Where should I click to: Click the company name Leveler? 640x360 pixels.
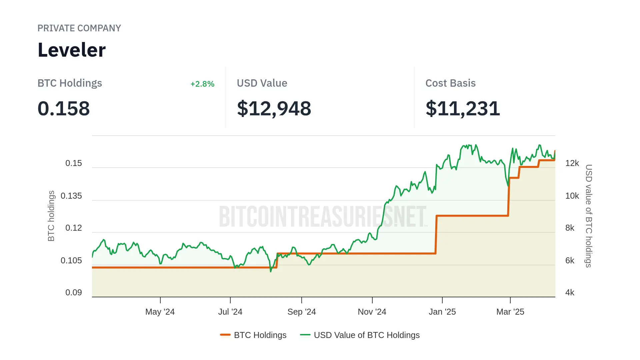(72, 50)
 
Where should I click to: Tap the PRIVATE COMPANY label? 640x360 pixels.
(79, 28)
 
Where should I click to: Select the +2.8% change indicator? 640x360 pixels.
(202, 84)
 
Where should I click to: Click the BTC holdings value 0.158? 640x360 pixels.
(64, 109)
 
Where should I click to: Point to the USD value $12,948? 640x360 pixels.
(274, 109)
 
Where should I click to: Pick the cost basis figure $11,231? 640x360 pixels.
(463, 109)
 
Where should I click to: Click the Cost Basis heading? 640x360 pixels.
(450, 83)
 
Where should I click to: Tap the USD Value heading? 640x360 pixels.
(262, 83)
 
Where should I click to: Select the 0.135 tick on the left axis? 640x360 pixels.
(71, 196)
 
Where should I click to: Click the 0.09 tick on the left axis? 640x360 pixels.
(74, 293)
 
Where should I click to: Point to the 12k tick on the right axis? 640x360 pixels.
(572, 163)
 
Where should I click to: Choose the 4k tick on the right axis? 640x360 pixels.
(570, 293)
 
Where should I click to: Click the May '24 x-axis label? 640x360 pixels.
(160, 312)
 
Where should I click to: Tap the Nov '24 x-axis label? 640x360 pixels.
(372, 312)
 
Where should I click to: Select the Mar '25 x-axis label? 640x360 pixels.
(510, 312)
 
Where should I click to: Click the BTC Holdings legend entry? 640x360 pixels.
(254, 335)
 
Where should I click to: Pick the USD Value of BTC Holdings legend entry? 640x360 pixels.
(360, 335)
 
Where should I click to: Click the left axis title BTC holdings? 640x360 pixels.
(51, 216)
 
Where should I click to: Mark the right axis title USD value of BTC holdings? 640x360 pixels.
(589, 216)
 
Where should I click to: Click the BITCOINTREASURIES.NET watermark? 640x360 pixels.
(323, 217)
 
